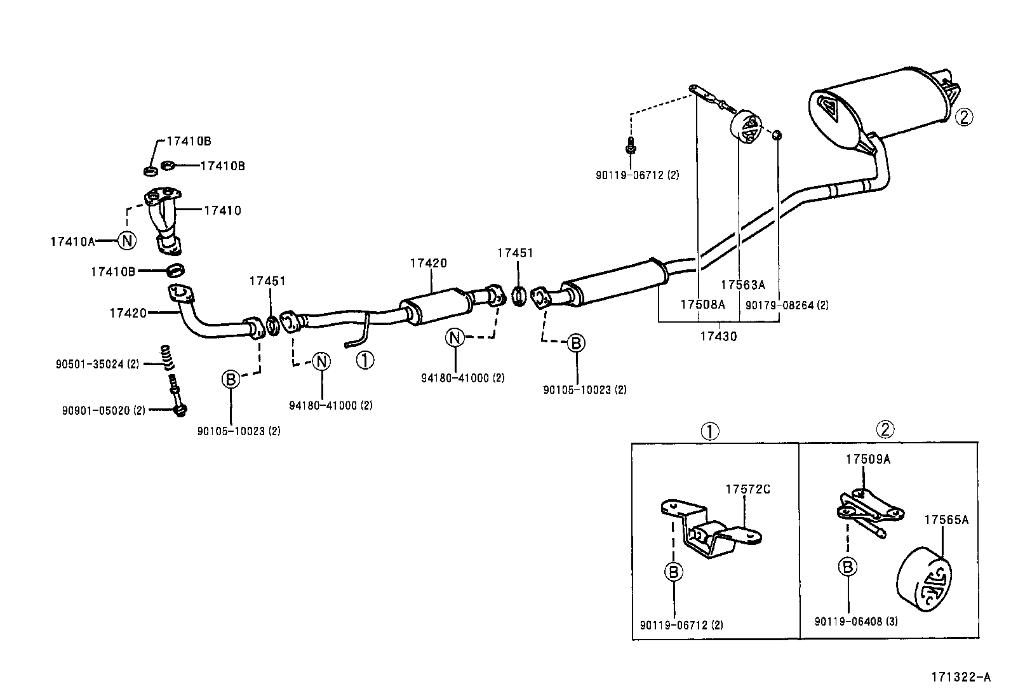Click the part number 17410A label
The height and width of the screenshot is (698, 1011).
72,241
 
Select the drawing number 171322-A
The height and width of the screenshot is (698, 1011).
961,677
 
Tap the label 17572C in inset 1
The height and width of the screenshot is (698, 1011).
747,489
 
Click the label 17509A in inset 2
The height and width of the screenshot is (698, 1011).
867,459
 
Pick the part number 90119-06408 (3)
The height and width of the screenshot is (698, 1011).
855,622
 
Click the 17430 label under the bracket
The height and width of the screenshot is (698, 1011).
718,337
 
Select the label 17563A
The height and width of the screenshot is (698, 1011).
742,285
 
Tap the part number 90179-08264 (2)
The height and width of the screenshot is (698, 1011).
787,305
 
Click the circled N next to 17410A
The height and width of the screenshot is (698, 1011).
127,240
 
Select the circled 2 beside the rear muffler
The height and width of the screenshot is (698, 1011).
963,117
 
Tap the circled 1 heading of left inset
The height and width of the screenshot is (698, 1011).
709,431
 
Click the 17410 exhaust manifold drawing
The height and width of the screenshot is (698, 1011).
163,219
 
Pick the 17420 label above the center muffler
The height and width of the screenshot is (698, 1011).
428,263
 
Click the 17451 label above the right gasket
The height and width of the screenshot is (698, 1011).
515,253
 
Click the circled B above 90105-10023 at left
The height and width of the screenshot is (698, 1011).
230,380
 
